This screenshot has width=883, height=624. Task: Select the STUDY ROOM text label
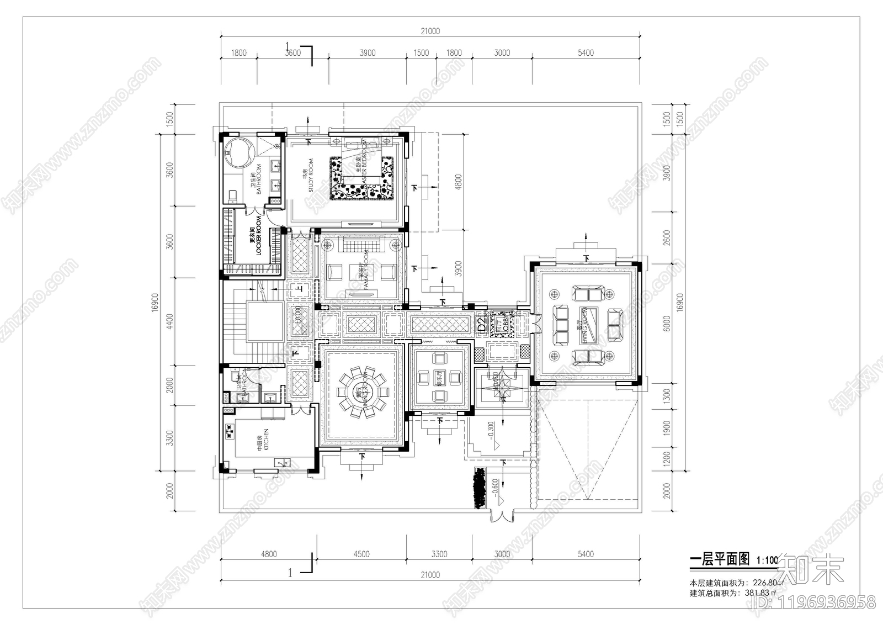click(307, 175)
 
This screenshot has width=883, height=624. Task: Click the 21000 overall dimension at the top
click(430, 31)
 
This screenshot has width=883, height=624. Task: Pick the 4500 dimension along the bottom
click(361, 554)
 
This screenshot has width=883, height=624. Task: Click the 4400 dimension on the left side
click(170, 321)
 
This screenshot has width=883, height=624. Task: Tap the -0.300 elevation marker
click(491, 428)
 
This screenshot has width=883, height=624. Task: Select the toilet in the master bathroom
click(231, 195)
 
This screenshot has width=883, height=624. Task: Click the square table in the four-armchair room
click(439, 377)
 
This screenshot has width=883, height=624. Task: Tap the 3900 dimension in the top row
click(367, 53)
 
